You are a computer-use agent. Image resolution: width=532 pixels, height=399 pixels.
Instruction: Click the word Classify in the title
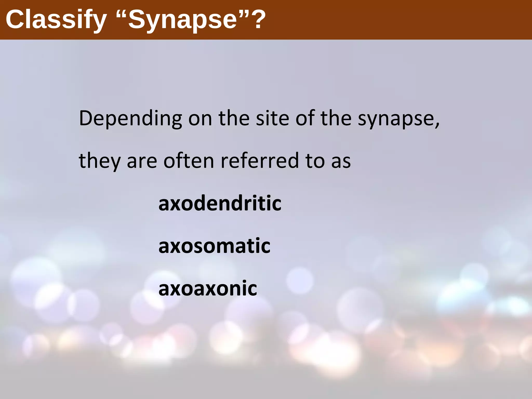click(x=56, y=20)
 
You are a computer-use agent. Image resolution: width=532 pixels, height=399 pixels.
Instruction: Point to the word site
click(x=272, y=118)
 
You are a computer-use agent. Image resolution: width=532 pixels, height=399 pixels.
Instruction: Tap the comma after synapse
click(x=437, y=125)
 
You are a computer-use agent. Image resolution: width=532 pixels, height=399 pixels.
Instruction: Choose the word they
click(x=99, y=161)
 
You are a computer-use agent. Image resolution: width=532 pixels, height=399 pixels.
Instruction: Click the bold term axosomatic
click(x=214, y=246)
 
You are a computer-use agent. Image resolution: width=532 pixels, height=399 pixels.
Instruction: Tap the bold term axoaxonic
click(x=208, y=288)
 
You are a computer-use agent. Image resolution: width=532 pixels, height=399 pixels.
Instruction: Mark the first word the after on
click(x=234, y=118)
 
